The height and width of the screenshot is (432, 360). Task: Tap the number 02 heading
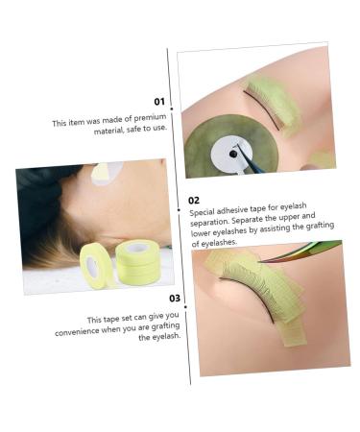click(x=195, y=201)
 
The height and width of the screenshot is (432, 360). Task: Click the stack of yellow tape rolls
click(x=137, y=262)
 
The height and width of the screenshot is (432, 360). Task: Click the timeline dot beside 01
click(x=173, y=108)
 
